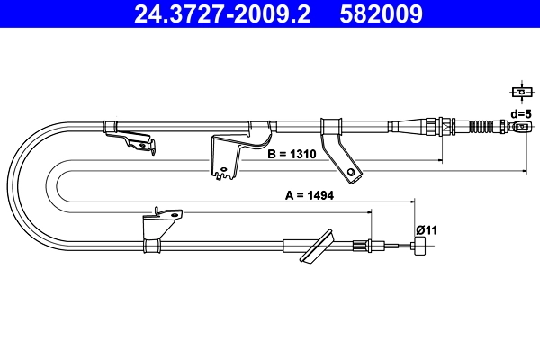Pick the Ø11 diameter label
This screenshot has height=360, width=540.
pos(426,229)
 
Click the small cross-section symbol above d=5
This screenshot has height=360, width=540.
pos(520,92)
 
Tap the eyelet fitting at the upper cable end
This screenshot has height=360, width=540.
pos(519,127)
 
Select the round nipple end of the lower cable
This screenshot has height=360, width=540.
pos(420,248)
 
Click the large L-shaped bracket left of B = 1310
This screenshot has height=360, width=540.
pos(229,153)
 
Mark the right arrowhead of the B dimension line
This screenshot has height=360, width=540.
pos(439,161)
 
